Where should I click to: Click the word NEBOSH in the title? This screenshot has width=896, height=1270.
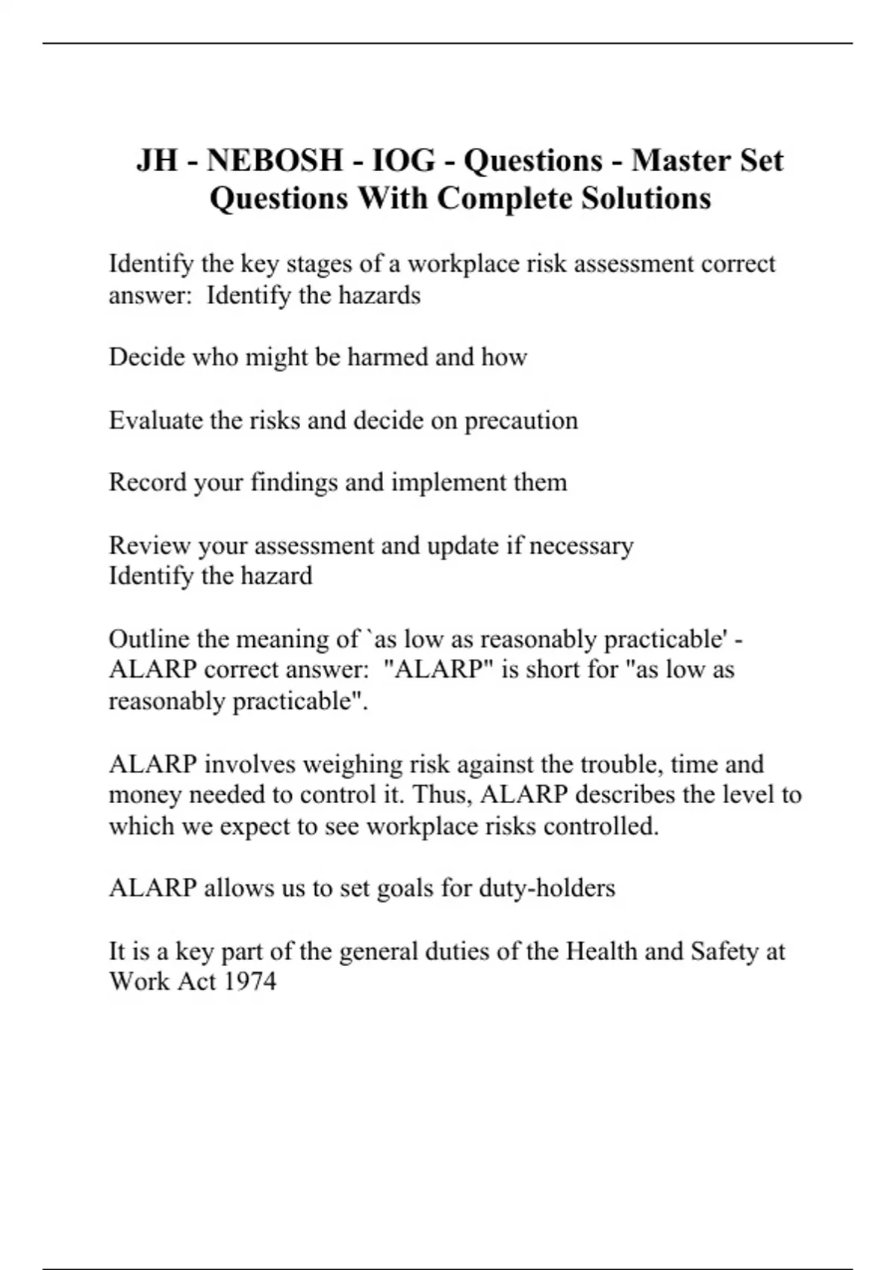(x=274, y=161)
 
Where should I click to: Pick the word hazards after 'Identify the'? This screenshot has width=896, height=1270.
(x=379, y=296)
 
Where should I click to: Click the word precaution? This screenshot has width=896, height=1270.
(x=521, y=421)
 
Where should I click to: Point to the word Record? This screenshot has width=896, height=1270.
(x=148, y=483)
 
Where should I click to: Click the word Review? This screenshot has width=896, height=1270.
(x=150, y=545)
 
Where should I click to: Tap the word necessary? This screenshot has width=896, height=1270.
(x=581, y=545)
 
